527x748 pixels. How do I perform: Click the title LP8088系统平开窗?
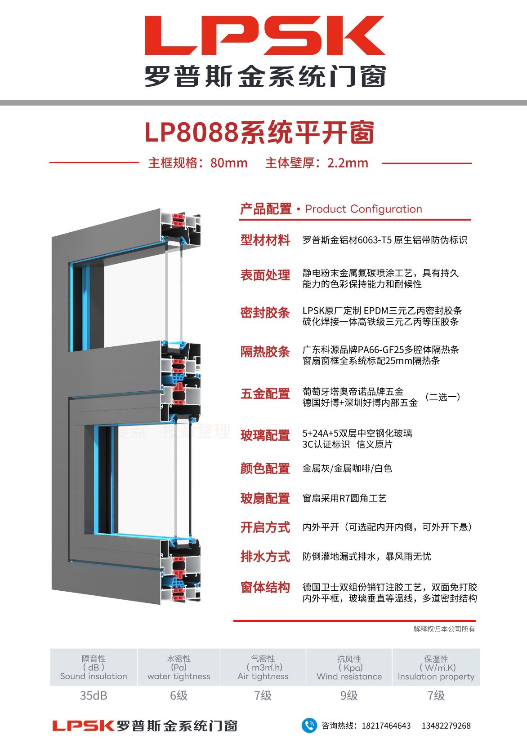(259, 133)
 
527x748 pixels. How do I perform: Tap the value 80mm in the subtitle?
(229, 163)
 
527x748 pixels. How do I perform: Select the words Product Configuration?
(363, 209)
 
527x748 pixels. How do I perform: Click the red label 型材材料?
(265, 240)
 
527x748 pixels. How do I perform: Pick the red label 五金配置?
(265, 394)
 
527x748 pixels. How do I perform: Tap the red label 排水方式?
(265, 557)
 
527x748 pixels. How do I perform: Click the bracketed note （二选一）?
(442, 397)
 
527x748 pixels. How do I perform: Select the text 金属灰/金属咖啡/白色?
(347, 469)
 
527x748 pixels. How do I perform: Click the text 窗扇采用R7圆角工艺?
(344, 498)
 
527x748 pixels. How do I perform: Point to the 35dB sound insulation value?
(94, 695)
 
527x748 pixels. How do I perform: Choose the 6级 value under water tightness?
(179, 695)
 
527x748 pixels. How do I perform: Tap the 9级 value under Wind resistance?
(349, 695)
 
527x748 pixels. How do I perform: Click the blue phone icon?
(309, 726)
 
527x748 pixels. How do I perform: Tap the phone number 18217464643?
(386, 726)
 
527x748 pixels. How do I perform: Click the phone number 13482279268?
(446, 726)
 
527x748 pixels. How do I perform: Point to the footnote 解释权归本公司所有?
(444, 629)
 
